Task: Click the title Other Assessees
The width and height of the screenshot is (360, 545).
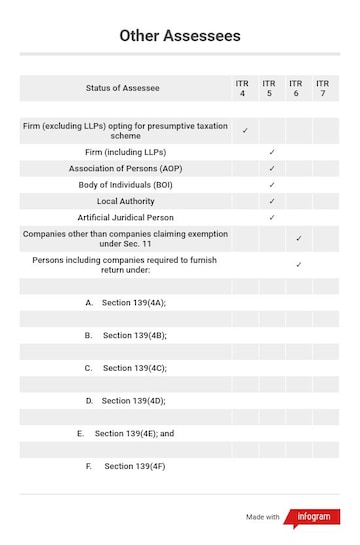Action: pyautogui.click(x=180, y=36)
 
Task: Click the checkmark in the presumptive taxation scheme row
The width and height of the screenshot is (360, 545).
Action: pyautogui.click(x=245, y=130)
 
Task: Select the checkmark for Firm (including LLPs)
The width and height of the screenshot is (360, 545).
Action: pyautogui.click(x=272, y=152)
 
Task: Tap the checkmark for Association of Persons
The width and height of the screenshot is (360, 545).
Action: pyautogui.click(x=272, y=169)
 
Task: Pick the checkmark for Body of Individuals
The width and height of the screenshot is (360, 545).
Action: pyautogui.click(x=272, y=185)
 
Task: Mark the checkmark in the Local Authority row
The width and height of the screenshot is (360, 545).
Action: pyautogui.click(x=272, y=201)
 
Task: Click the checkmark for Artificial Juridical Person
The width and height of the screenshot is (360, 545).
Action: pyautogui.click(x=272, y=217)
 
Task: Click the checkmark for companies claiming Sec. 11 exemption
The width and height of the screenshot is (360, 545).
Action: pyautogui.click(x=298, y=239)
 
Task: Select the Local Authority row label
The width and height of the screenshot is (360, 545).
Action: pyautogui.click(x=126, y=201)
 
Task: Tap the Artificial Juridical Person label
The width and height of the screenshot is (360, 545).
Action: pyautogui.click(x=126, y=217)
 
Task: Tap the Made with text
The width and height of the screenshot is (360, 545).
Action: pyautogui.click(x=262, y=517)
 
